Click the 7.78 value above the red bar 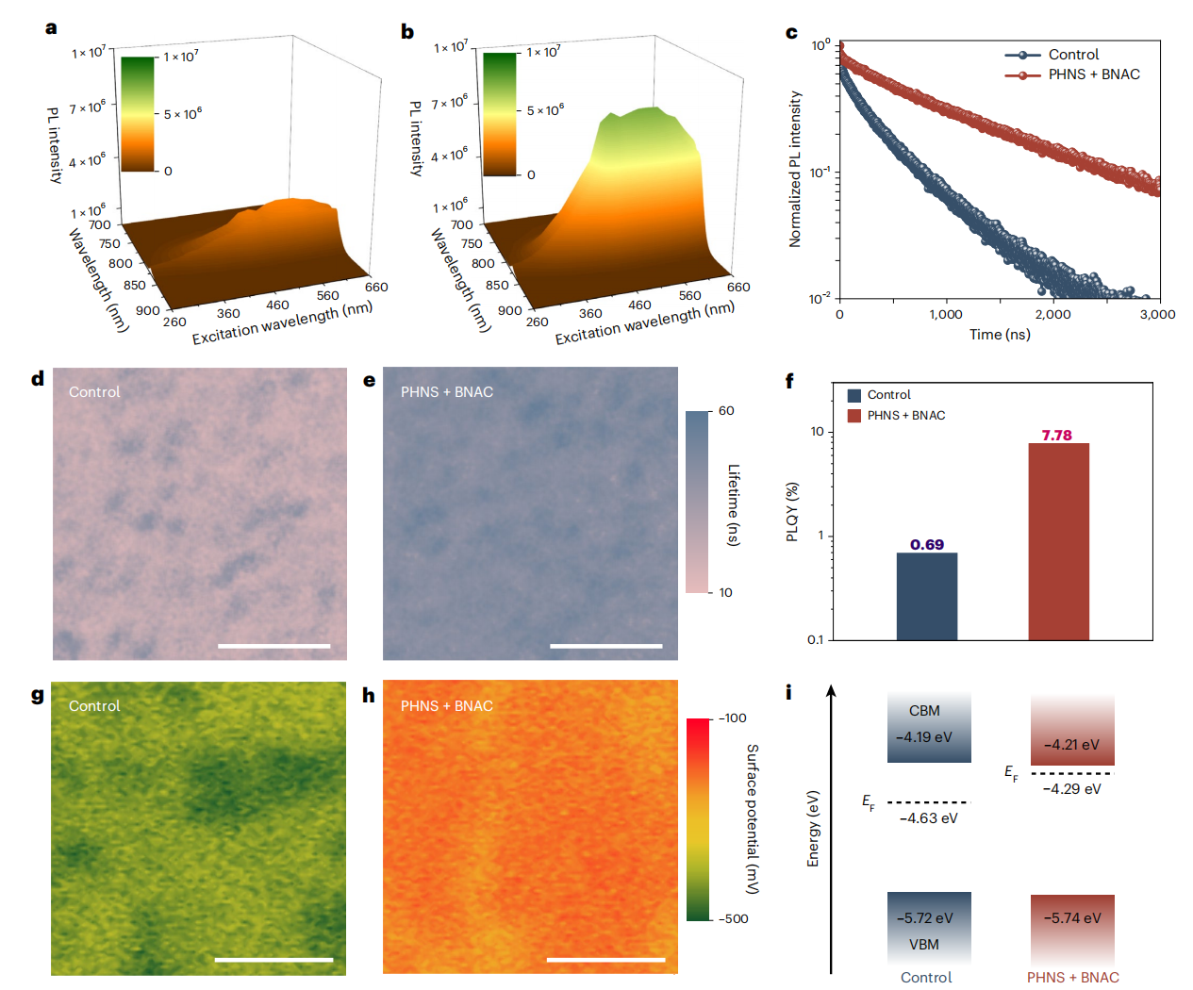click(x=1056, y=436)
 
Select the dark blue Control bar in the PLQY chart click(x=927, y=597)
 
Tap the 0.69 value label click(x=927, y=544)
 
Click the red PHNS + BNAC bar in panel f click(x=1059, y=541)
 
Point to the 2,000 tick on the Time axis click(x=1052, y=314)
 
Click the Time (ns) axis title click(x=1000, y=334)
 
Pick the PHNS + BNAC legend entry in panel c click(x=1072, y=74)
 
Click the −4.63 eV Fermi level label click(x=928, y=818)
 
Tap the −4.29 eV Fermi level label click(x=1072, y=789)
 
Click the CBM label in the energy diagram click(x=924, y=711)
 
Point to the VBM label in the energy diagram click(x=924, y=945)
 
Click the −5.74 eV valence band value click(x=1072, y=918)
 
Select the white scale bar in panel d click(x=274, y=646)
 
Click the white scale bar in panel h click(x=605, y=960)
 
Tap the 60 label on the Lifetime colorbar click(x=726, y=411)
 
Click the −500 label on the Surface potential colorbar click(x=733, y=918)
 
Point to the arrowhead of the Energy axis click(x=832, y=691)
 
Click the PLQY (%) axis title click(x=792, y=512)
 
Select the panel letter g click(x=38, y=696)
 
